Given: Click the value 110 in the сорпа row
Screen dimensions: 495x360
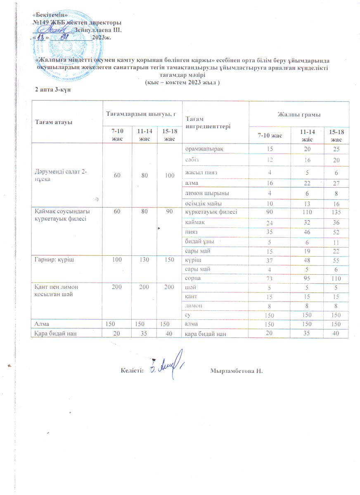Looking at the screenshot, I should [x=336, y=278].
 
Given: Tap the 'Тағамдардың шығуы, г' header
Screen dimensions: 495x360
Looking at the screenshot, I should [x=142, y=108].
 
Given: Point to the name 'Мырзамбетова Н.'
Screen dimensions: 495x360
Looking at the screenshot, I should [x=236, y=372].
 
